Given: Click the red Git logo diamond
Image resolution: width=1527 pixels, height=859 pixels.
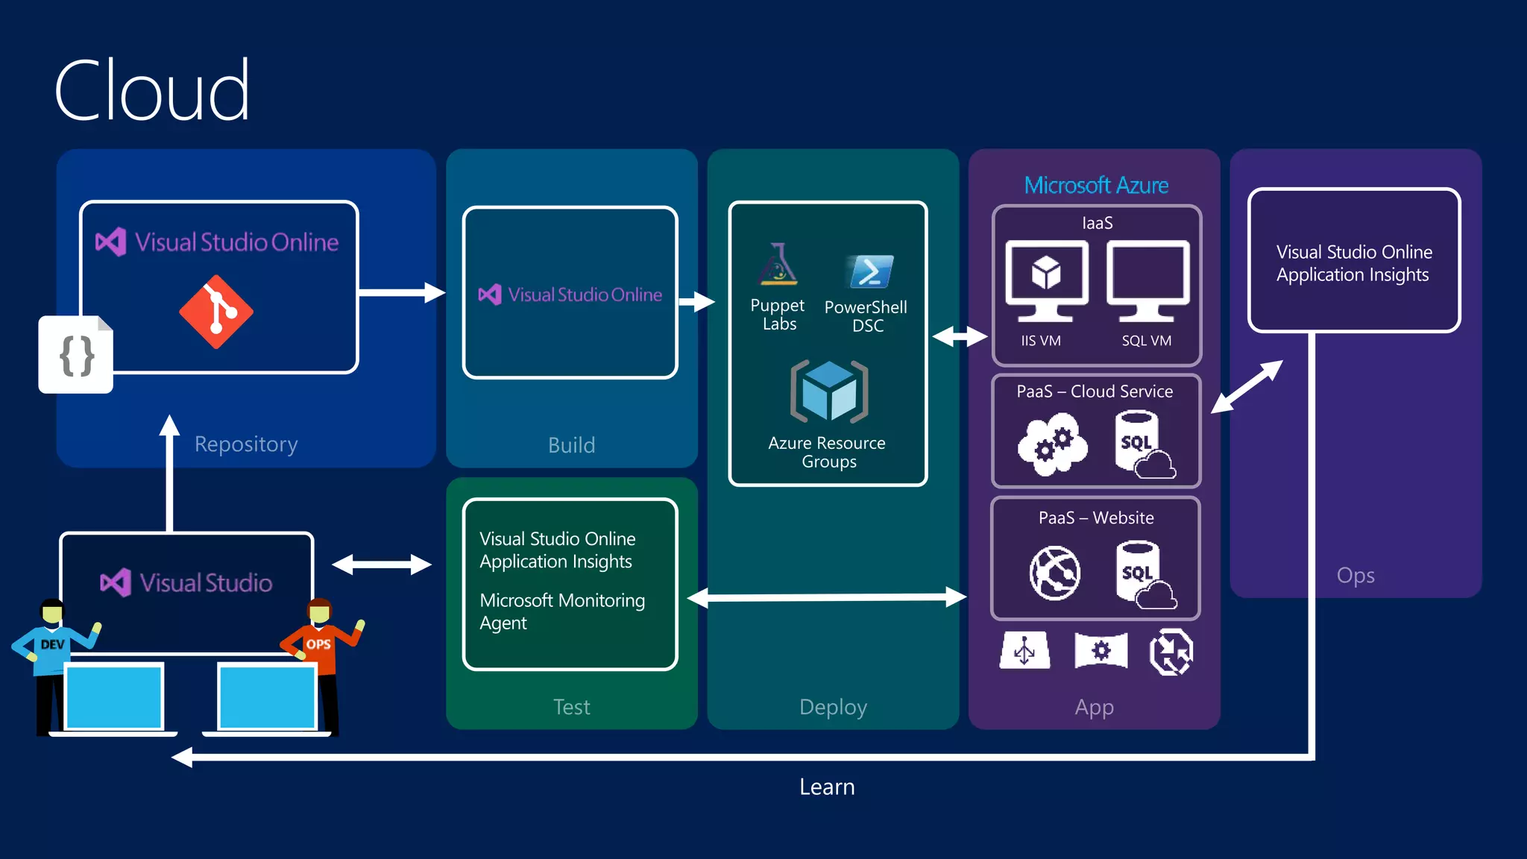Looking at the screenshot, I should pos(216,312).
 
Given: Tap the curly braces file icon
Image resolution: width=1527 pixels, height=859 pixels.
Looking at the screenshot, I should pos(76,355).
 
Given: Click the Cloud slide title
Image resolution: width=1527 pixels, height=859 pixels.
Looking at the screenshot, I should pos(152,90).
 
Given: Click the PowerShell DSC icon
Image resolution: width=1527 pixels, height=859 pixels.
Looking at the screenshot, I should pos(870,271).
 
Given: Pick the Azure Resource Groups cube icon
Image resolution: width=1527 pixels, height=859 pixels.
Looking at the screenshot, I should pos(829,391).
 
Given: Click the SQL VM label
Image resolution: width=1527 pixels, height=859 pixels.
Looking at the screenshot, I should pos(1146,341).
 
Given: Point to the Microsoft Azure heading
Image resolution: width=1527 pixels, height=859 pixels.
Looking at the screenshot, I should pos(1096,185).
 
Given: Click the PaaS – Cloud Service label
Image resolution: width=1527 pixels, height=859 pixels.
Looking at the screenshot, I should pos(1095,391).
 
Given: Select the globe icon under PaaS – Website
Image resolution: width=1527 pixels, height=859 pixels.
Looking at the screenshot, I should pos(1054,573).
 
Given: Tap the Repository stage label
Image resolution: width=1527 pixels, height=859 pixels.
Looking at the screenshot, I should pos(246,444).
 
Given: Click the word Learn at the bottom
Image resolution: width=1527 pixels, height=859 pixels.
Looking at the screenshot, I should pos(827,787).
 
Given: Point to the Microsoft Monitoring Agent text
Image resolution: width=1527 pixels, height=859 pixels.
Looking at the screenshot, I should pos(562,611).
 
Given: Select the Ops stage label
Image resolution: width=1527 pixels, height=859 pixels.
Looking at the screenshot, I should pos(1356,576).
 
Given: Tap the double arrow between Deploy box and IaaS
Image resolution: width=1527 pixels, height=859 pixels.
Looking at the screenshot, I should pos(960,336).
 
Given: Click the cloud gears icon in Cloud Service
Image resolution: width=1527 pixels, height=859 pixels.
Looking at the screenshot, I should pos(1052,445).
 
